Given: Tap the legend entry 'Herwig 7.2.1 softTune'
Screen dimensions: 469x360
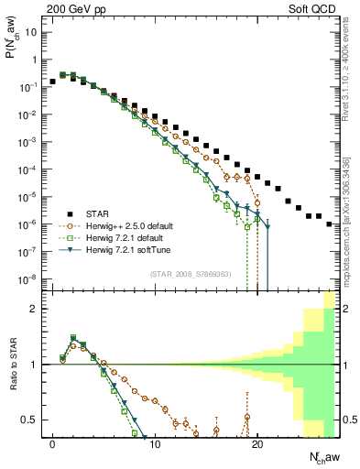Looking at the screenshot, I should point(131,251).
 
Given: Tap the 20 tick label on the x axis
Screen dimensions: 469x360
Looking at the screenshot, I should point(257,446).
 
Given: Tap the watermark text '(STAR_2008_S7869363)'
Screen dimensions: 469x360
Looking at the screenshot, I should point(191,272).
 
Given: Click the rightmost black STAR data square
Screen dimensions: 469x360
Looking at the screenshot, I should point(329,224).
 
